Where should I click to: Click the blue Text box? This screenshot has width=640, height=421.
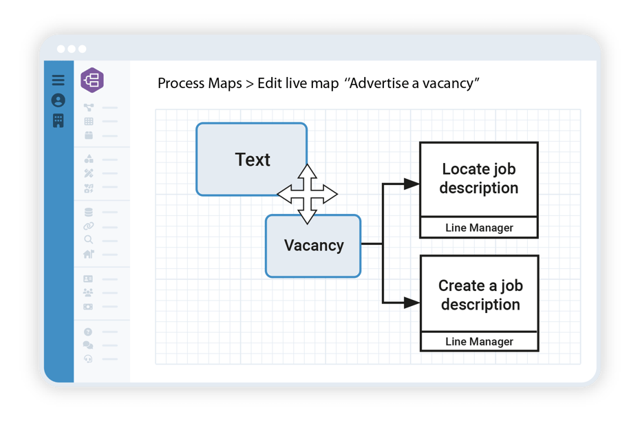point(251,159)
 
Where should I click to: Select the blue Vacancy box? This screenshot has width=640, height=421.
point(313,246)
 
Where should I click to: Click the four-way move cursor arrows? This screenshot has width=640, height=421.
point(307,195)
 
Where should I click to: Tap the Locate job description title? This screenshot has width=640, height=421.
point(478,179)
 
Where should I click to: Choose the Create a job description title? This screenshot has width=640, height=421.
point(480,295)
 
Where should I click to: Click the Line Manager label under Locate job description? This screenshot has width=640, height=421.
point(479,228)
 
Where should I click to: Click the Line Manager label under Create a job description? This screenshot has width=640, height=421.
point(479,341)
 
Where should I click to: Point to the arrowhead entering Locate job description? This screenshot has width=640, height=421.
point(412,184)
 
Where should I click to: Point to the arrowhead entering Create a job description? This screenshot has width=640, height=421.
point(412,302)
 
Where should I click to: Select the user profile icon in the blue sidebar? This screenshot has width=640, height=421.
point(58,100)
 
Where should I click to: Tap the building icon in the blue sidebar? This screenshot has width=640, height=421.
point(58,120)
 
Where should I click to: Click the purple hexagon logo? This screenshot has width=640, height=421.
point(92,80)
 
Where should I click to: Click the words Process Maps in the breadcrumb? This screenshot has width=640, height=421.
point(200,84)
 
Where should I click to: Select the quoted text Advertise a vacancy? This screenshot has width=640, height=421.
point(414,84)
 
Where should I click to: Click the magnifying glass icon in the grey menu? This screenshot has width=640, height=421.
point(89,240)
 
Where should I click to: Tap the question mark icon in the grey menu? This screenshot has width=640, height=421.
point(88,332)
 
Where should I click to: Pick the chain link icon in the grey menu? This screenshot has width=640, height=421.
point(88,226)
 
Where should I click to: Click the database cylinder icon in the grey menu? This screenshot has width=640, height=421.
point(88,212)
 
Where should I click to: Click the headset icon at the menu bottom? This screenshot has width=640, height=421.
point(88,359)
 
